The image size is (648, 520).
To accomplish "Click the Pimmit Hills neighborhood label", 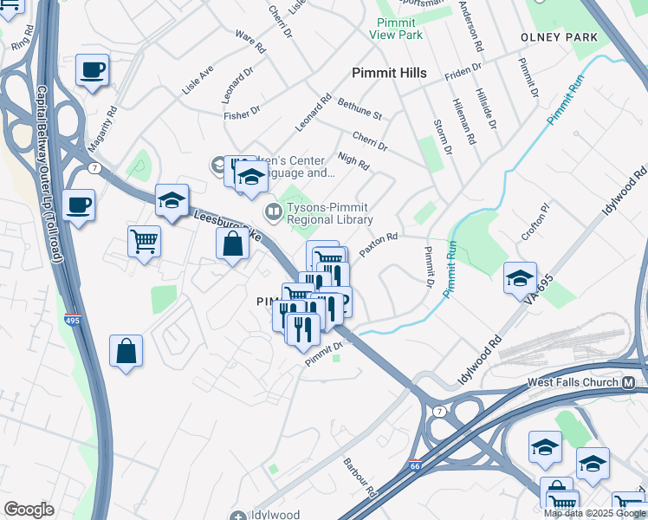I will pyautogui.click(x=389, y=74).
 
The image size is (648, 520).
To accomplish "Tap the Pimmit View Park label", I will pyautogui.click(x=396, y=29).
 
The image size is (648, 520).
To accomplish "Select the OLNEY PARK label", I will pyautogui.click(x=560, y=38).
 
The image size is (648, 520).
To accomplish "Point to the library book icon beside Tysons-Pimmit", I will pyautogui.click(x=273, y=211).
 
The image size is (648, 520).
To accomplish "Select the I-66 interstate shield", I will pyautogui.click(x=416, y=465).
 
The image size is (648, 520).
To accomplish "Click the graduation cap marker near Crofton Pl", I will pyautogui.click(x=520, y=278).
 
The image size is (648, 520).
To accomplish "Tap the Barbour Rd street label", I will pyautogui.click(x=360, y=478).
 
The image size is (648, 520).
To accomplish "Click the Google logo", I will pyautogui.click(x=29, y=510).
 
